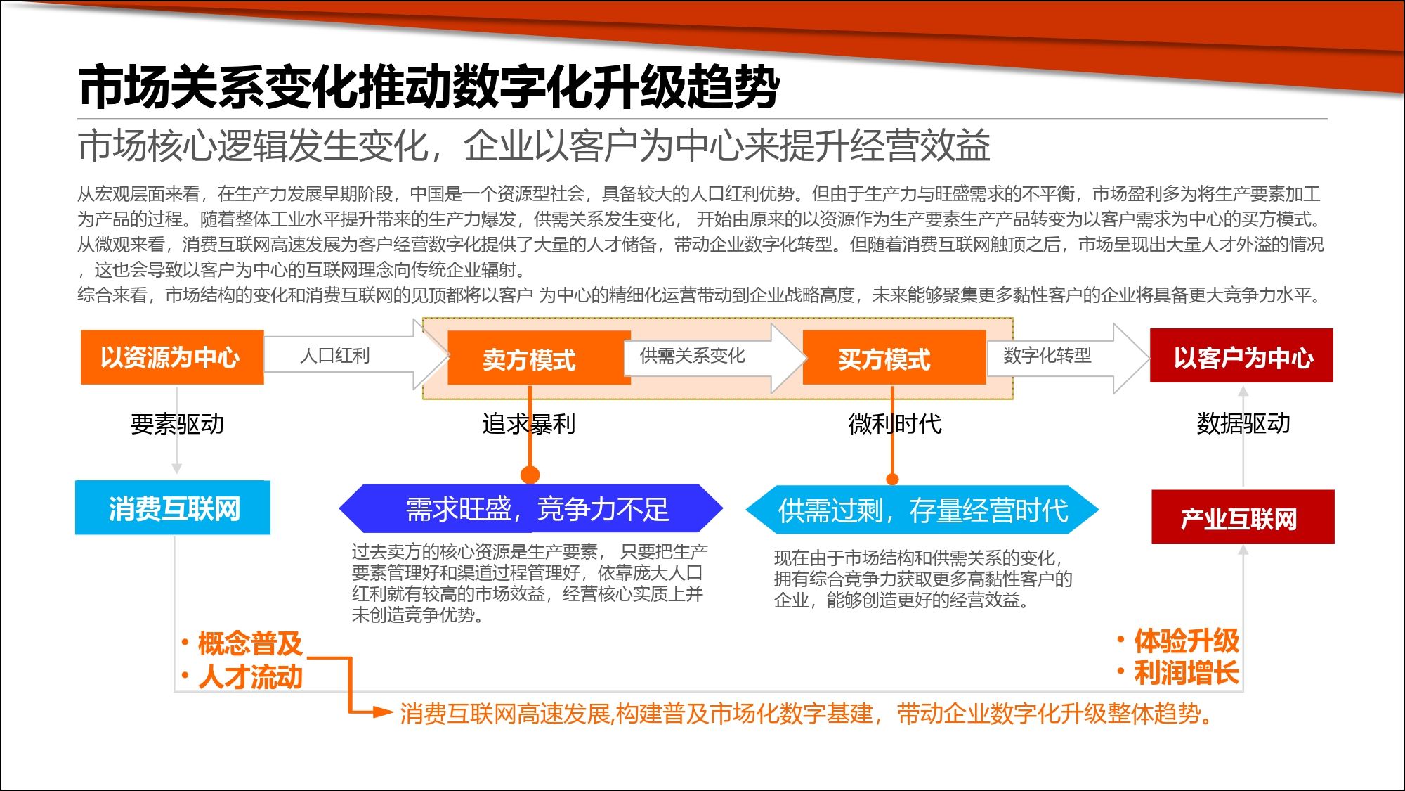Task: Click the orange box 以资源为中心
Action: pyautogui.click(x=172, y=357)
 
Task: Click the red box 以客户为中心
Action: pyautogui.click(x=1241, y=356)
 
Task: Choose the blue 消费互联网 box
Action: pyautogui.click(x=173, y=508)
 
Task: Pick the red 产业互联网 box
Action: pyautogui.click(x=1243, y=517)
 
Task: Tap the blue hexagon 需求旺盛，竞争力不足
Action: pyautogui.click(x=531, y=508)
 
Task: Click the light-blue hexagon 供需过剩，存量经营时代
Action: pyautogui.click(x=922, y=510)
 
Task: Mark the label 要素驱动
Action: pyautogui.click(x=177, y=424)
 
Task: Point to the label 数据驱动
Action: pyautogui.click(x=1243, y=423)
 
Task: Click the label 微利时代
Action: pyautogui.click(x=895, y=424)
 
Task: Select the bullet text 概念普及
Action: pyautogui.click(x=250, y=643)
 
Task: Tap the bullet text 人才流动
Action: pyautogui.click(x=250, y=676)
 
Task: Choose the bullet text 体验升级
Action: pyautogui.click(x=1187, y=641)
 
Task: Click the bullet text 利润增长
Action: pyautogui.click(x=1187, y=673)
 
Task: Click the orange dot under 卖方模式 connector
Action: pyautogui.click(x=530, y=475)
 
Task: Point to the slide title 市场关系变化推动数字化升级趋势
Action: pyautogui.click(x=429, y=87)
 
